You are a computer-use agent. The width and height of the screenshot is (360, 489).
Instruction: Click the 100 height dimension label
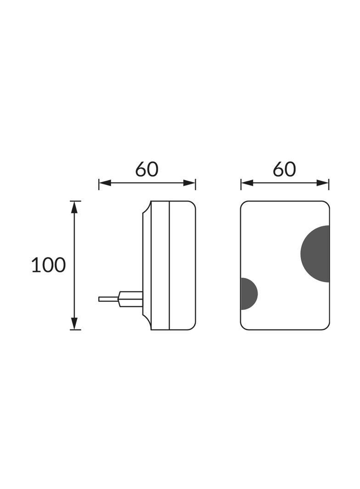[48, 265]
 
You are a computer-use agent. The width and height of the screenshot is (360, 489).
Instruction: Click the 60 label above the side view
[147, 169]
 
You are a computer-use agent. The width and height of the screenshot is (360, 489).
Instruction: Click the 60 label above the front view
[284, 169]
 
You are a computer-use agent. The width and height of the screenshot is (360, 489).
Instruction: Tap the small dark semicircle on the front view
[248, 294]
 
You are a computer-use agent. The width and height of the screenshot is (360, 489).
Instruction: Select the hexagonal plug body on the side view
[130, 299]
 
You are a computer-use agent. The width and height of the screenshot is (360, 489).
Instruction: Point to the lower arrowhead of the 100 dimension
[74, 323]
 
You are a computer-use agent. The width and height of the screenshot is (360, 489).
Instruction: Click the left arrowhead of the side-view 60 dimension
[105, 183]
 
